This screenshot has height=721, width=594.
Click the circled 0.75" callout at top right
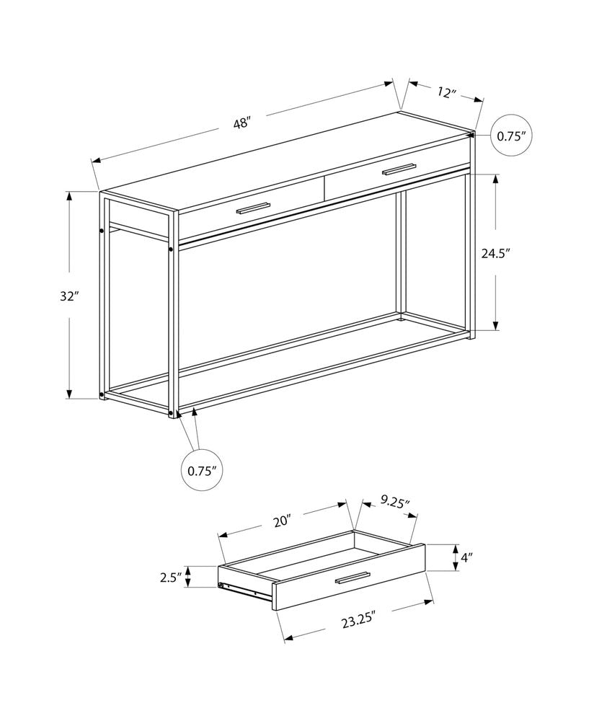(x=511, y=136)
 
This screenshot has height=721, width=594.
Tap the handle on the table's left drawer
(x=252, y=208)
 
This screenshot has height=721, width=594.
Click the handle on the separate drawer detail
(x=352, y=578)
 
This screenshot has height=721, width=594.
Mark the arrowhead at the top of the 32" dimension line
(x=70, y=195)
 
